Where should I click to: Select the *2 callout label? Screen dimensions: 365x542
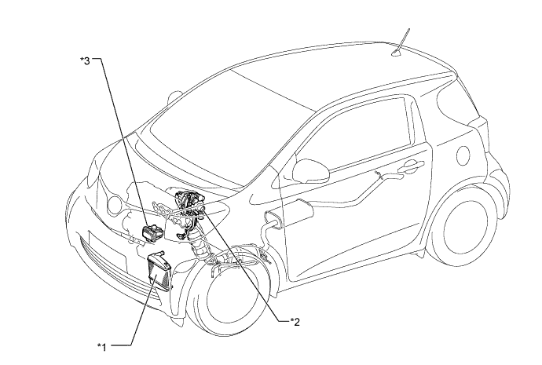pyautogui.click(x=295, y=319)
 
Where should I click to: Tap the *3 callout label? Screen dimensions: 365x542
pyautogui.click(x=86, y=60)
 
